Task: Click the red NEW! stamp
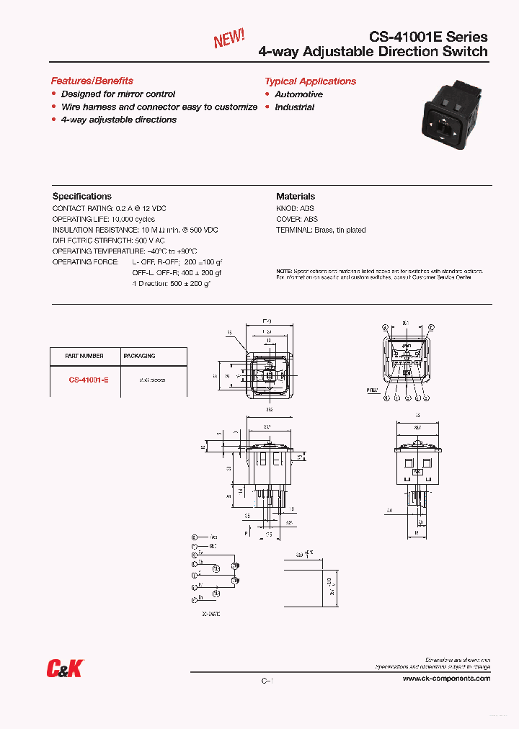pos(229,38)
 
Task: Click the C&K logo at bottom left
pos(64,669)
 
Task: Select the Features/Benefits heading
pos(92,81)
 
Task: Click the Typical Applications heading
pos(310,81)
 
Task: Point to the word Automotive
pos(298,94)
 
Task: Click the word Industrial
pos(294,107)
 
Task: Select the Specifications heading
pos(82,196)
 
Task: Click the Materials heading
pos(296,196)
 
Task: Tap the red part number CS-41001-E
pos(89,379)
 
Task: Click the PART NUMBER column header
pos(84,356)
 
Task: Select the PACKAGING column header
pos(139,356)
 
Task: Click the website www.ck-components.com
pos(446,679)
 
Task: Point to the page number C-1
pos(266,681)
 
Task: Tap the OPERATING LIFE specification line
pos(104,219)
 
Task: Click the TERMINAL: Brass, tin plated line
pos(321,230)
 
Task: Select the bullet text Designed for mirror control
pos(118,94)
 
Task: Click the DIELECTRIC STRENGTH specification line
pos(108,241)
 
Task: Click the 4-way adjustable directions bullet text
pos(119,120)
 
